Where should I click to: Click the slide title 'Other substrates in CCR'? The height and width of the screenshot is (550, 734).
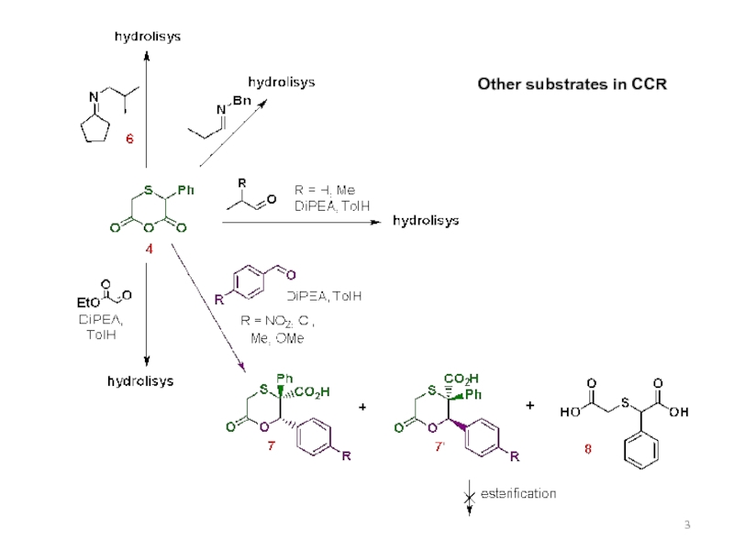pos(571,84)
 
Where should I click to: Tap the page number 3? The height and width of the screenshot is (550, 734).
pos(686,524)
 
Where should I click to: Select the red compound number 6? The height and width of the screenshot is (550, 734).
pos(129,139)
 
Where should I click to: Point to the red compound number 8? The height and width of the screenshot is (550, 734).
pos(589,449)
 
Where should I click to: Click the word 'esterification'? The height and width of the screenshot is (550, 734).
pos(519,493)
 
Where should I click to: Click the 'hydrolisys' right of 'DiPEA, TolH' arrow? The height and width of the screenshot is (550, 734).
pos(427,221)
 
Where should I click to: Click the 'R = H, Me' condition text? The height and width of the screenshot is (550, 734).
pos(323,190)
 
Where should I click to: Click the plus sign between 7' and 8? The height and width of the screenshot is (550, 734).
pos(530,405)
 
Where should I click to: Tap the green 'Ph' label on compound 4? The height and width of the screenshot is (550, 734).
pos(185,191)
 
